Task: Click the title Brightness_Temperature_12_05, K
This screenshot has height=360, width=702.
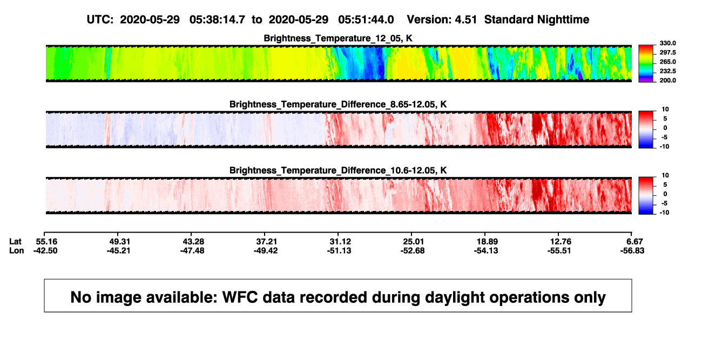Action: (338, 38)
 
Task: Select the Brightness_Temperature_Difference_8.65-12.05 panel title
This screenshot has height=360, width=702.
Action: (338, 104)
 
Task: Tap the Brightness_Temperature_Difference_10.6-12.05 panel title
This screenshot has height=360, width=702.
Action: (338, 171)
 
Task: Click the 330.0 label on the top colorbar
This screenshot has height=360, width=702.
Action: (667, 43)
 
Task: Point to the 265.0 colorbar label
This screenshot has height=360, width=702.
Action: (667, 62)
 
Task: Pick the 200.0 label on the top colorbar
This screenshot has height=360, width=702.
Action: (667, 80)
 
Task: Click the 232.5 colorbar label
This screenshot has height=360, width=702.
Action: (667, 71)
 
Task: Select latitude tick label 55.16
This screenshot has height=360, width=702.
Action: (46, 242)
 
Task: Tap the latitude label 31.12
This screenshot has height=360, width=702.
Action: (340, 242)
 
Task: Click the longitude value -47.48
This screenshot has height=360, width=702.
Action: (192, 250)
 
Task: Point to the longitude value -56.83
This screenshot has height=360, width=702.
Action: (632, 250)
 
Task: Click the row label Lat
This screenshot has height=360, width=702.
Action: (15, 242)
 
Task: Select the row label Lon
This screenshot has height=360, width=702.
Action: (17, 250)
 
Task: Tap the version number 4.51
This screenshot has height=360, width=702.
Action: (465, 19)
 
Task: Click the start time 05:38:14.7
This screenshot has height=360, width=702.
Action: (217, 19)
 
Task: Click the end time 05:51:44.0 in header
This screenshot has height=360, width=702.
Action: (366, 19)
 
